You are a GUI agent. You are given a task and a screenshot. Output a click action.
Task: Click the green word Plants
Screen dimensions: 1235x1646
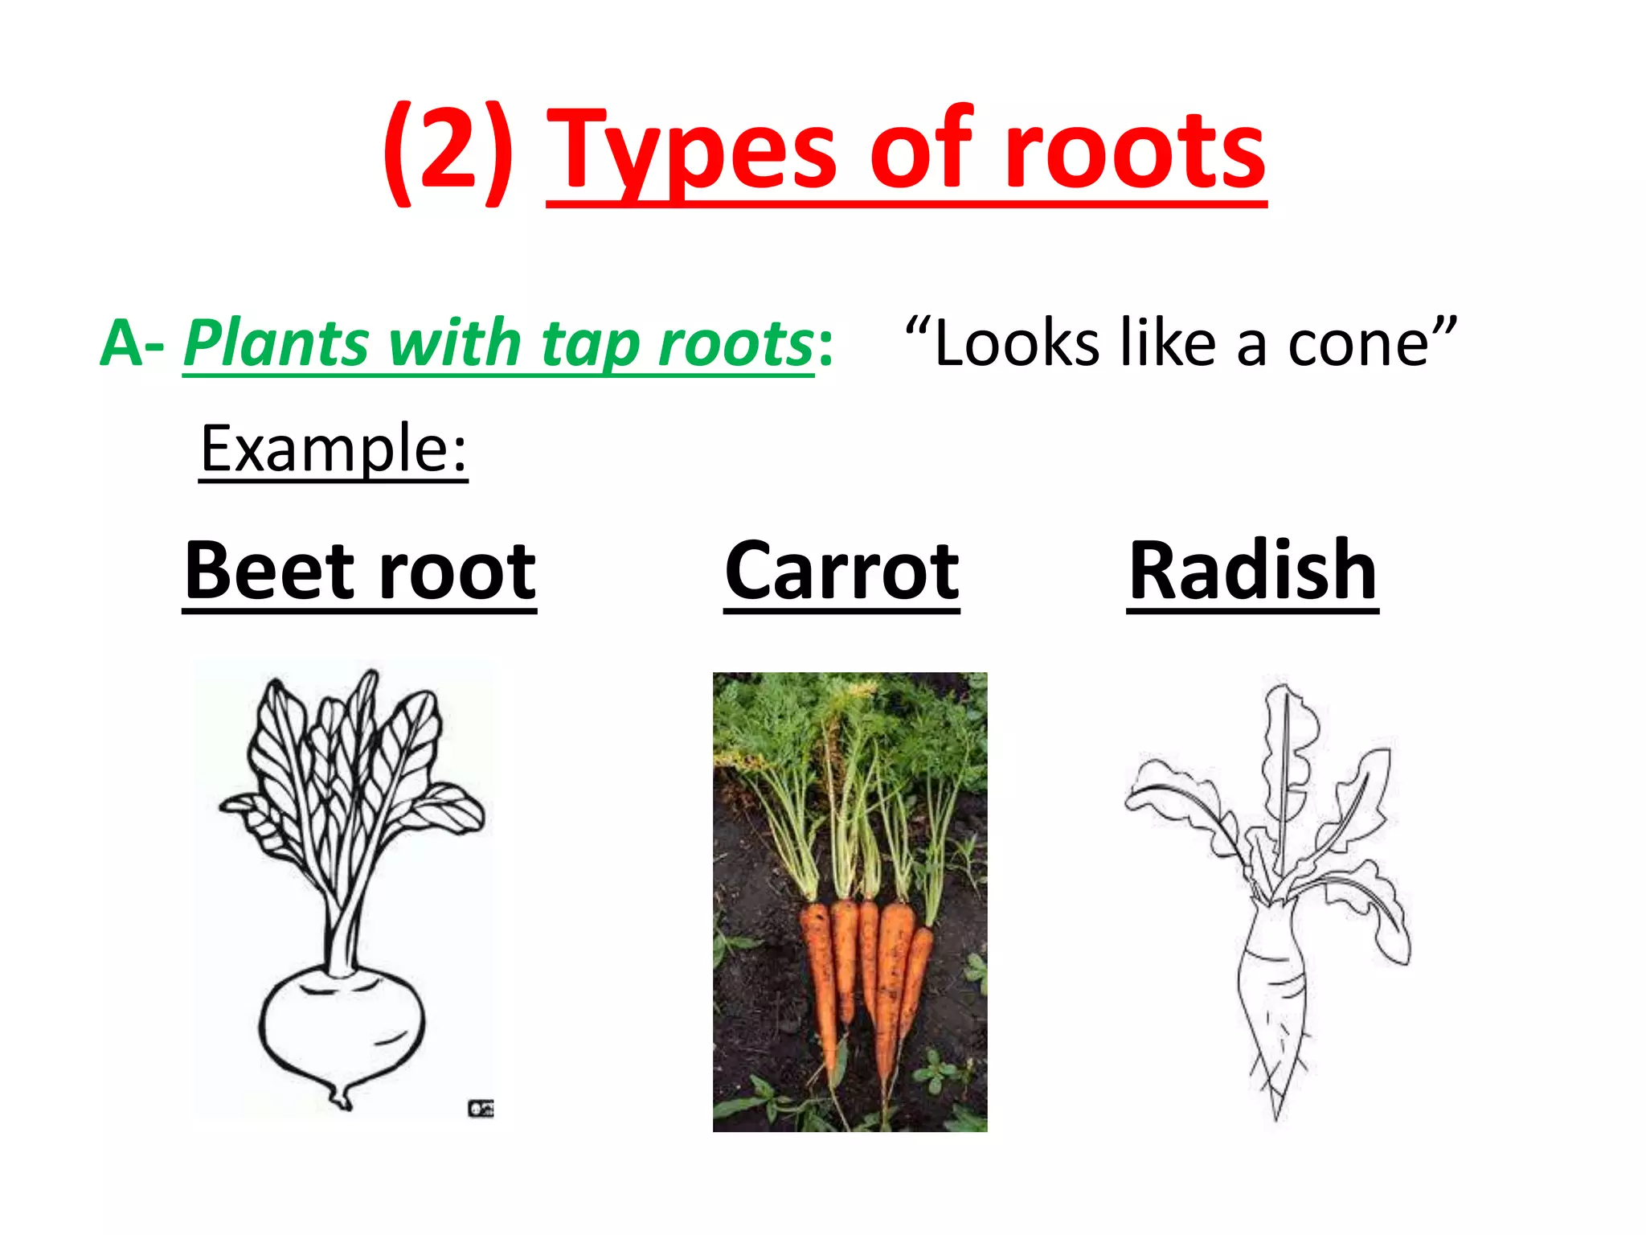coord(276,343)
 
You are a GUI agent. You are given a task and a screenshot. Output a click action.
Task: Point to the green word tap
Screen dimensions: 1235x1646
coord(592,343)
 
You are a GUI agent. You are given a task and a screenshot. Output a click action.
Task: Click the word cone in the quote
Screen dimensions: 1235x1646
coord(1357,343)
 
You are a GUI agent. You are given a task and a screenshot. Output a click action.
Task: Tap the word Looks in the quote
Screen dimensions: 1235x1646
coord(1016,343)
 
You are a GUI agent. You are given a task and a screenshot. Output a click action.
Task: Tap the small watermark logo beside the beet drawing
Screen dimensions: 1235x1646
coord(481,1109)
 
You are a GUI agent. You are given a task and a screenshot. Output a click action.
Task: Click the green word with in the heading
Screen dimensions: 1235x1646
coord(453,343)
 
